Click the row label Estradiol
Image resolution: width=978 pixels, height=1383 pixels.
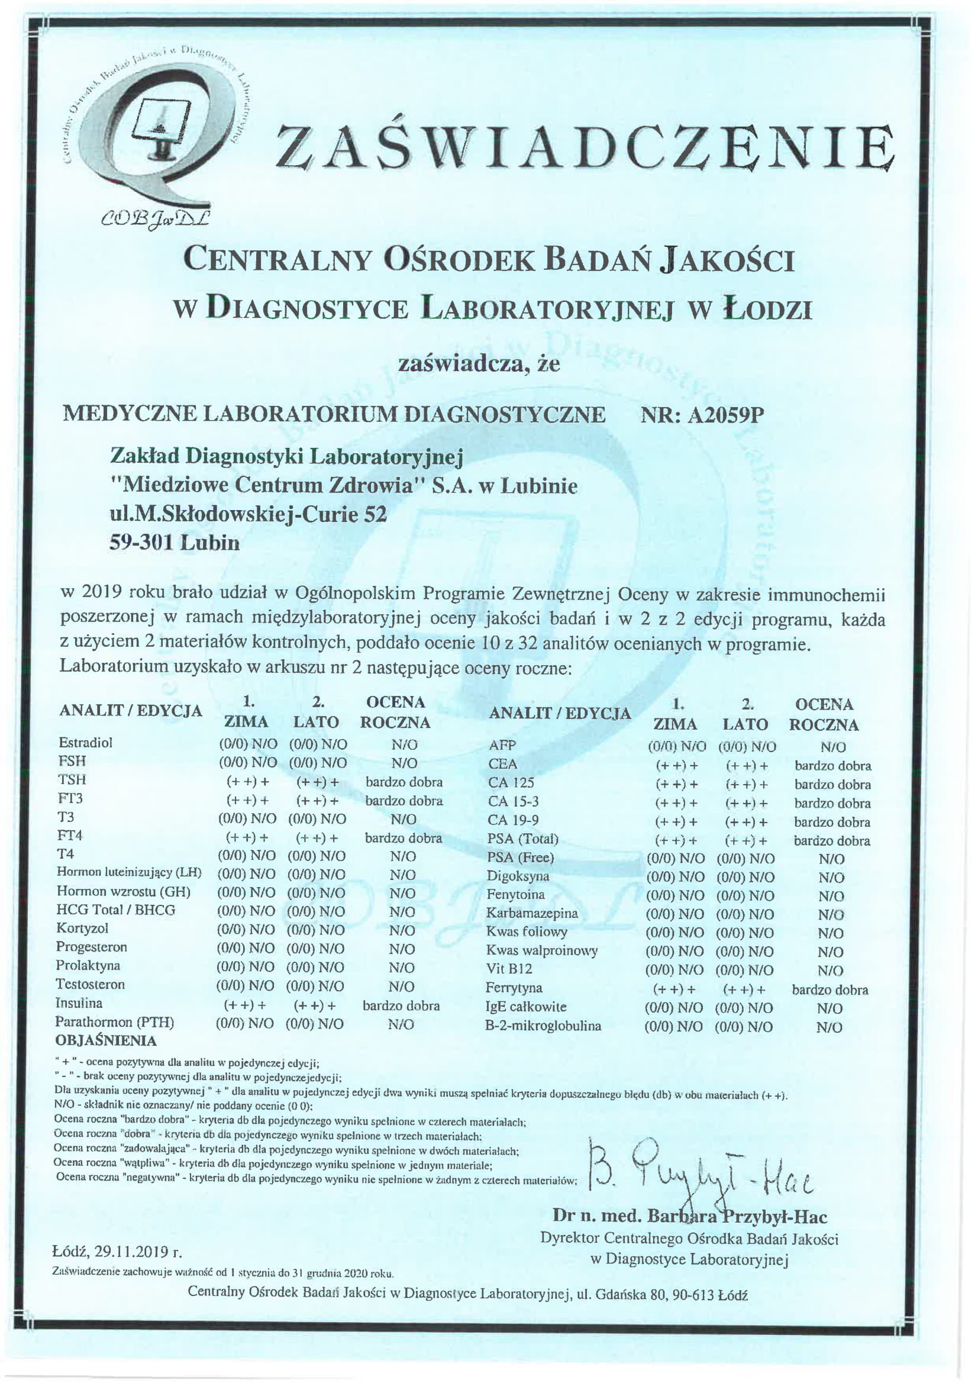pos(86,743)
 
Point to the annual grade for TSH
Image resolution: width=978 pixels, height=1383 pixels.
pos(404,782)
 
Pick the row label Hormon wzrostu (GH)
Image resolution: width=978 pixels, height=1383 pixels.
pos(124,891)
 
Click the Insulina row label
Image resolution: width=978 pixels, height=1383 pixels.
pos(79,1003)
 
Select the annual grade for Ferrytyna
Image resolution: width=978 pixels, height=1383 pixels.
pos(830,989)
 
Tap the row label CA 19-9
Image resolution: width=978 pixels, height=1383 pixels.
pos(513,820)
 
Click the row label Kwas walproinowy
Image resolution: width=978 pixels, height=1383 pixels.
pos(541,950)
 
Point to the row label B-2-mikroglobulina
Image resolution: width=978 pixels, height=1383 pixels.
pos(543,1026)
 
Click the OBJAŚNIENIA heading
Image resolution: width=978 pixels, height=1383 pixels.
pos(105,1040)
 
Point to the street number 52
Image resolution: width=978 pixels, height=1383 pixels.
pos(373,514)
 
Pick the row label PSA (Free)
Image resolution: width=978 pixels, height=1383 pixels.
pos(519,857)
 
